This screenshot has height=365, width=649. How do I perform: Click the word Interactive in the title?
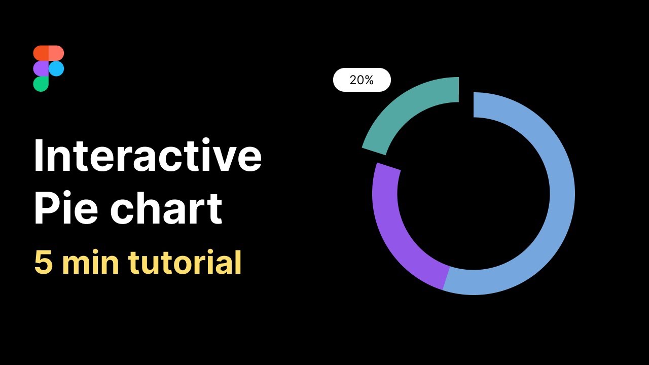(148, 155)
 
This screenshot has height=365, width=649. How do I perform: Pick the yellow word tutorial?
(185, 263)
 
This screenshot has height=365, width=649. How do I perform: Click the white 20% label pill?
(362, 80)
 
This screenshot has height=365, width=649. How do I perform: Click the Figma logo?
(49, 68)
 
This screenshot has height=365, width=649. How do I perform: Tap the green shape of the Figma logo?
(41, 84)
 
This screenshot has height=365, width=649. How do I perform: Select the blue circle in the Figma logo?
(56, 68)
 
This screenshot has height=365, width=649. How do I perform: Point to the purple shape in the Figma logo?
(41, 68)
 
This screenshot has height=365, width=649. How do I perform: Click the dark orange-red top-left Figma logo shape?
(41, 53)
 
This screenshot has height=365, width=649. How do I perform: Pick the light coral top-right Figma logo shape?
(56, 53)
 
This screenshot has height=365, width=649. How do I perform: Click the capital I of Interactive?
(38, 155)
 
